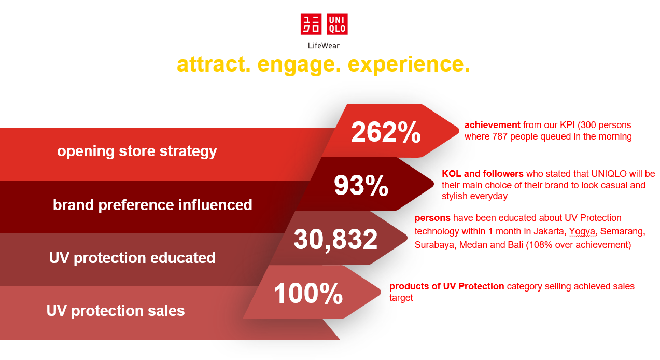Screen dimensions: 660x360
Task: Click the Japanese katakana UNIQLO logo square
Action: pyautogui.click(x=311, y=24)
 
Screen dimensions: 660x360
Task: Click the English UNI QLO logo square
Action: pyautogui.click(x=337, y=24)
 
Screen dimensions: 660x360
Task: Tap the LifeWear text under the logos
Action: pyautogui.click(x=324, y=46)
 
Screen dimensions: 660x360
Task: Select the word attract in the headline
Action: pyautogui.click(x=214, y=64)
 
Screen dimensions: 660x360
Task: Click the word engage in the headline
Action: pyautogui.click(x=299, y=65)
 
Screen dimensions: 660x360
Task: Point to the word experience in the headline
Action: pyautogui.click(x=409, y=65)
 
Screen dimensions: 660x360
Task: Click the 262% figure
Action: pyautogui.click(x=386, y=132)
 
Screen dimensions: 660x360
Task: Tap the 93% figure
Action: pyautogui.click(x=361, y=185)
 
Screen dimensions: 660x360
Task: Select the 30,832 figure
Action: pyautogui.click(x=335, y=239)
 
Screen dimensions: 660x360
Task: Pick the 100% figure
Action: pyautogui.click(x=308, y=293)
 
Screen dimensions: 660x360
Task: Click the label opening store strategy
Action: pyautogui.click(x=137, y=151)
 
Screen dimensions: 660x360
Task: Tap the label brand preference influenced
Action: pyautogui.click(x=152, y=205)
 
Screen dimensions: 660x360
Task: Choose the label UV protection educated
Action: pyautogui.click(x=132, y=258)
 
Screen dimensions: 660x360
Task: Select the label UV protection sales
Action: pyautogui.click(x=116, y=311)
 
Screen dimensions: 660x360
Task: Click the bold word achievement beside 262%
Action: pyautogui.click(x=493, y=125)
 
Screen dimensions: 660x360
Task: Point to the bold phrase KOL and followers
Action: pyautogui.click(x=483, y=174)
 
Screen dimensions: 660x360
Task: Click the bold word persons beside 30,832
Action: pyautogui.click(x=432, y=218)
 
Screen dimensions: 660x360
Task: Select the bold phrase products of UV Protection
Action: pyautogui.click(x=447, y=286)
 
